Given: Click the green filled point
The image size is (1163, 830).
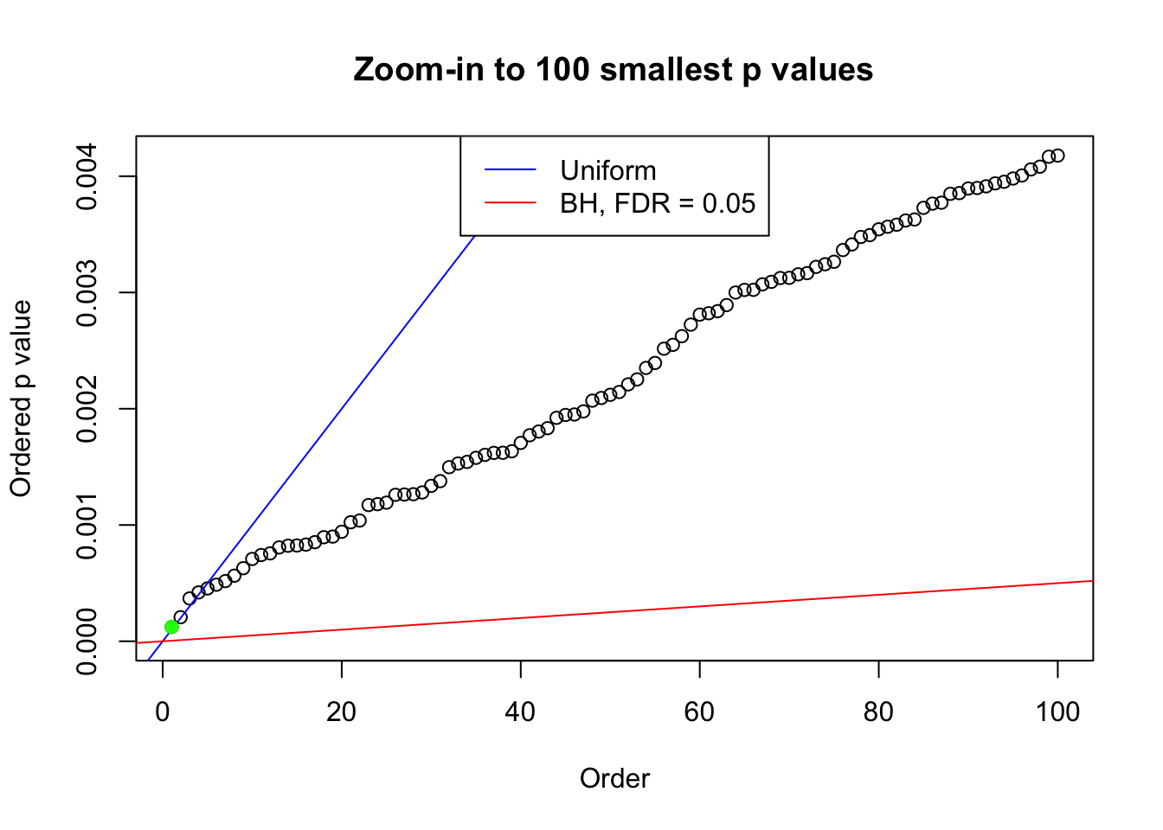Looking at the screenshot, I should coord(171,627).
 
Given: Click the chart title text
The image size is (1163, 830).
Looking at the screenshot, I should coord(613,69).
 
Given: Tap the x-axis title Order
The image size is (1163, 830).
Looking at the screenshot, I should coord(614,778).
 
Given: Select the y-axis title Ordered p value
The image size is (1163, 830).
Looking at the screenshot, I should coord(21,399).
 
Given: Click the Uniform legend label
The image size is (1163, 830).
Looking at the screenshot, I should coord(607,170).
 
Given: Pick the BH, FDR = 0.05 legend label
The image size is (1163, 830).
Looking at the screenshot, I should coord(658,203).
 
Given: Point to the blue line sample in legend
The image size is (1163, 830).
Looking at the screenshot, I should coord(511,170).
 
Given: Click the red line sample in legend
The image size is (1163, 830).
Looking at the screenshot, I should coord(511,203).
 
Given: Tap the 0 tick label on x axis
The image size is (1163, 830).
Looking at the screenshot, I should coord(163,712).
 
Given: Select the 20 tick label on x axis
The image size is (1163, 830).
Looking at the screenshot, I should coord(342,712).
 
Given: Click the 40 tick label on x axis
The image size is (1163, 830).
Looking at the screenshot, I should coord(521,712).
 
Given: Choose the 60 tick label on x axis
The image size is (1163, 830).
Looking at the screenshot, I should coord(699,712).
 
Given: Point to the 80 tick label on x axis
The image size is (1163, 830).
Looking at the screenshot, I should coord(878,712).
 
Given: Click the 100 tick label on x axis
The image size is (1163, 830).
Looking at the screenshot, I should coord(1057,712).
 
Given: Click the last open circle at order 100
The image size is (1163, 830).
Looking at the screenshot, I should coord(1057,156).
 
